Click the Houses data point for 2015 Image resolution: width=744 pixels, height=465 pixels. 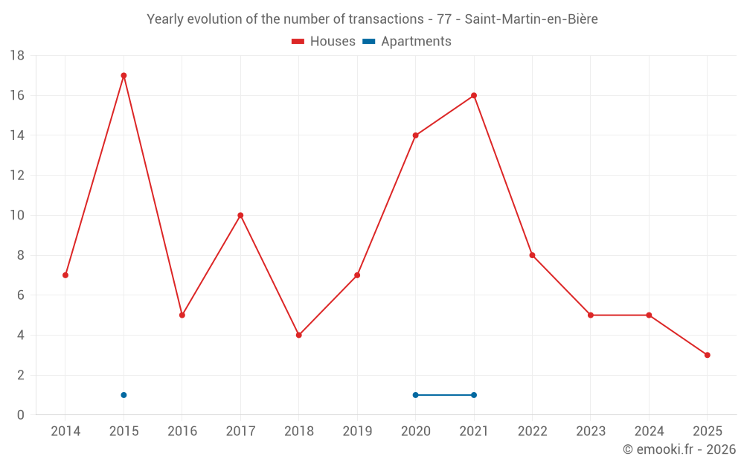pyautogui.click(x=124, y=75)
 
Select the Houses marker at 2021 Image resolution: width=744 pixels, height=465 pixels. pyautogui.click(x=474, y=95)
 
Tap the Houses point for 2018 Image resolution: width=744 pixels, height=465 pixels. pyautogui.click(x=298, y=335)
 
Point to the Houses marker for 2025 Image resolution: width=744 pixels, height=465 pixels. pyautogui.click(x=707, y=355)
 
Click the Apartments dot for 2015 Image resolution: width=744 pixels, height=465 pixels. pyautogui.click(x=124, y=395)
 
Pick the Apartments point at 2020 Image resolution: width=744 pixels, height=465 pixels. pyautogui.click(x=415, y=395)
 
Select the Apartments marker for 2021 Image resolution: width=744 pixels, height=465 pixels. pyautogui.click(x=474, y=395)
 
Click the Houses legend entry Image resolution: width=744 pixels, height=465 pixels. pyautogui.click(x=323, y=42)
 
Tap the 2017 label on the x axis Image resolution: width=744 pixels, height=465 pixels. pyautogui.click(x=240, y=431)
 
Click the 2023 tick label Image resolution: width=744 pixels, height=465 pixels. pyautogui.click(x=591, y=431)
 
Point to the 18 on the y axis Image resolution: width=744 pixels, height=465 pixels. pyautogui.click(x=17, y=56)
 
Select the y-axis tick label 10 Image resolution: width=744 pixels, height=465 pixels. pyautogui.click(x=17, y=216)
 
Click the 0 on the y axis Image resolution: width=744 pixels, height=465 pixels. pyautogui.click(x=21, y=415)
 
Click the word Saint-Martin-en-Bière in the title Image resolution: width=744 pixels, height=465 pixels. pyautogui.click(x=531, y=19)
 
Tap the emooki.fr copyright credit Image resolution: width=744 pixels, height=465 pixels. pyautogui.click(x=679, y=449)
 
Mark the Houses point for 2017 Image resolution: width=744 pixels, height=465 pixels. pyautogui.click(x=240, y=215)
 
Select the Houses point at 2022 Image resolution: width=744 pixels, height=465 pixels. pyautogui.click(x=532, y=255)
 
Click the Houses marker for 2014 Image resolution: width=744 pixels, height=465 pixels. pyautogui.click(x=65, y=275)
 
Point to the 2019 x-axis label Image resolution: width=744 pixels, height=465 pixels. pyautogui.click(x=357, y=431)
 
